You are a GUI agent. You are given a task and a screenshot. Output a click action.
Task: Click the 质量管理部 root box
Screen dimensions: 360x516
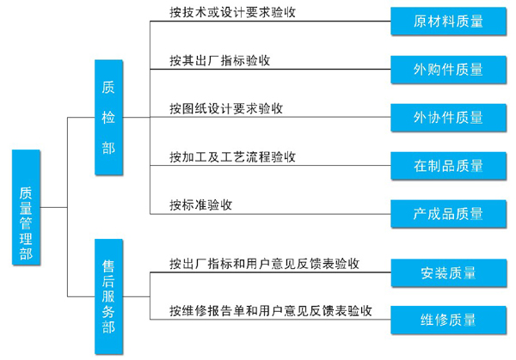pos(26,207)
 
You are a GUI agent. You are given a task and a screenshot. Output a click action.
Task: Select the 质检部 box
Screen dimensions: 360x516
pos(108,117)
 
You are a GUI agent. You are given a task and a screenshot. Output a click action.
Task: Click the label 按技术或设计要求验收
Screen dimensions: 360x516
pos(227,13)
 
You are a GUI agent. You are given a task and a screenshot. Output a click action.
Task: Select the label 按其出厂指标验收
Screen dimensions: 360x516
pos(220,61)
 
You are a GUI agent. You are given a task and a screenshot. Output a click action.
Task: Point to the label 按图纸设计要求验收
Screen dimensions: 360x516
pos(227,109)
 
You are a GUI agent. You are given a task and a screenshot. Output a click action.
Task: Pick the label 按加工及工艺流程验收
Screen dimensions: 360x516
pos(233,157)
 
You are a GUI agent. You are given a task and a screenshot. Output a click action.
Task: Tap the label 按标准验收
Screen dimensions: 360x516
pos(201,204)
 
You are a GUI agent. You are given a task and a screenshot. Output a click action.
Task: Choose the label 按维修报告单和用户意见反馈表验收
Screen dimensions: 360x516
pos(270,310)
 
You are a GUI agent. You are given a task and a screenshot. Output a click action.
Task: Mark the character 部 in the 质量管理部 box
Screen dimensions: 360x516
pos(26,253)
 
